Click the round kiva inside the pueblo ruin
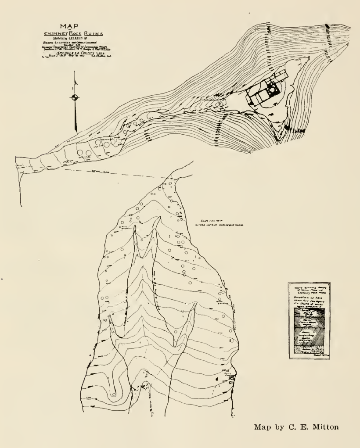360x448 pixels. [x=273, y=90]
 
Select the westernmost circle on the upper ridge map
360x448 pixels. [x=79, y=152]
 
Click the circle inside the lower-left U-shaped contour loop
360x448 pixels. [x=114, y=394]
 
